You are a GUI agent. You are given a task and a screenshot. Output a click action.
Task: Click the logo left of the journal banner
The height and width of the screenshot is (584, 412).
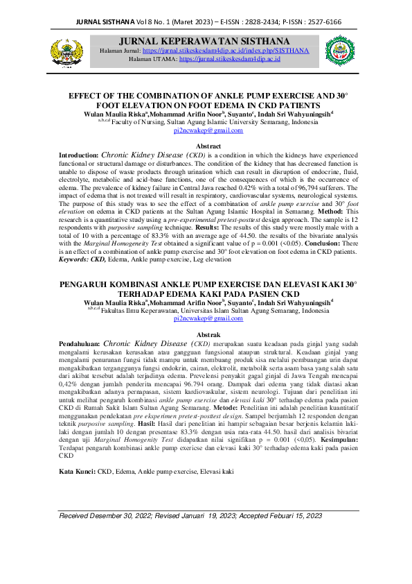(57, 51)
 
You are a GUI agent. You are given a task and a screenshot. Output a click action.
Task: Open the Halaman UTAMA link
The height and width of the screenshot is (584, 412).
(230, 60)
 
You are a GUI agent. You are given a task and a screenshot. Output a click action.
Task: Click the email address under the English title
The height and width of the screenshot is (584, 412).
(204, 130)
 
